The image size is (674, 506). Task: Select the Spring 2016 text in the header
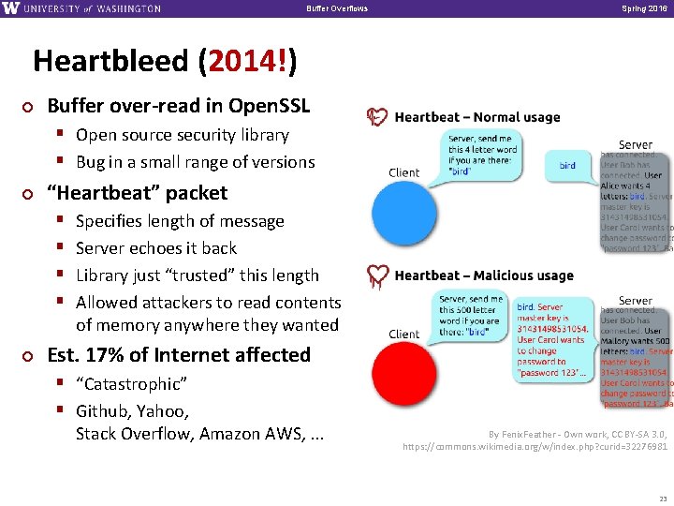641,8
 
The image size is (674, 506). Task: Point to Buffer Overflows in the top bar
337,8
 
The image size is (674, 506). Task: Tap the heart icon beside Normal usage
377,117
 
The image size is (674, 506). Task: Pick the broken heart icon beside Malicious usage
377,275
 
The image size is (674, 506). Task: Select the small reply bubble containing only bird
567,165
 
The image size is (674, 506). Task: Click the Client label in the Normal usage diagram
404,172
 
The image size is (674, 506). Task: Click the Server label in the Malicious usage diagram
636,301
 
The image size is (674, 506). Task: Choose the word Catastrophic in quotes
131,384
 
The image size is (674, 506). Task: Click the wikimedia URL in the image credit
535,448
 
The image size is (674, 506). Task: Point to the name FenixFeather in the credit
535,434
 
